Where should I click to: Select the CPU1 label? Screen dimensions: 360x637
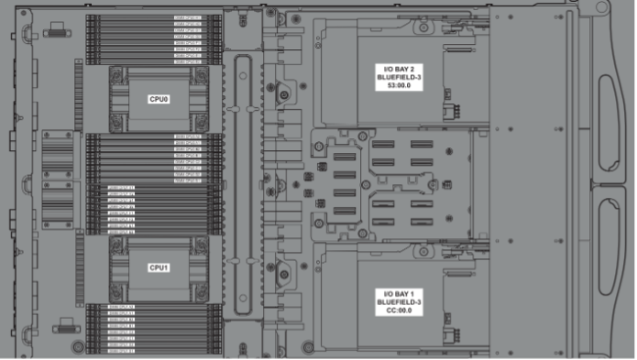tap(159, 267)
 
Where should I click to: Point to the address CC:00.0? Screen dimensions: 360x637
tap(398, 311)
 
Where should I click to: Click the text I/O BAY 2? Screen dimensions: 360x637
tap(398, 70)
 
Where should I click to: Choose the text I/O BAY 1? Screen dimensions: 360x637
tap(398, 292)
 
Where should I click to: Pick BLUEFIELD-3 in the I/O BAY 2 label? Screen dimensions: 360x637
tap(398, 80)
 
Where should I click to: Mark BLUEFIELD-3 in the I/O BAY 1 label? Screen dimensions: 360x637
tap(398, 301)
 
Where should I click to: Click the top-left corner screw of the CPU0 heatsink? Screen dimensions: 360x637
tap(115, 73)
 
